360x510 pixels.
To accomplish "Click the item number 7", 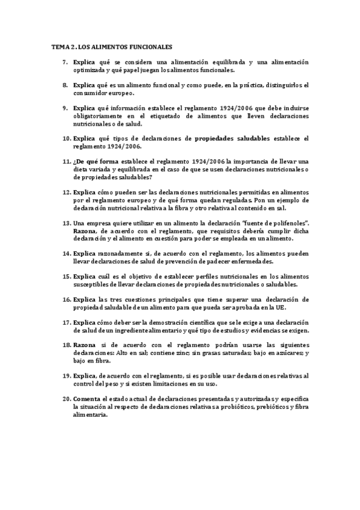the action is (67, 62).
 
